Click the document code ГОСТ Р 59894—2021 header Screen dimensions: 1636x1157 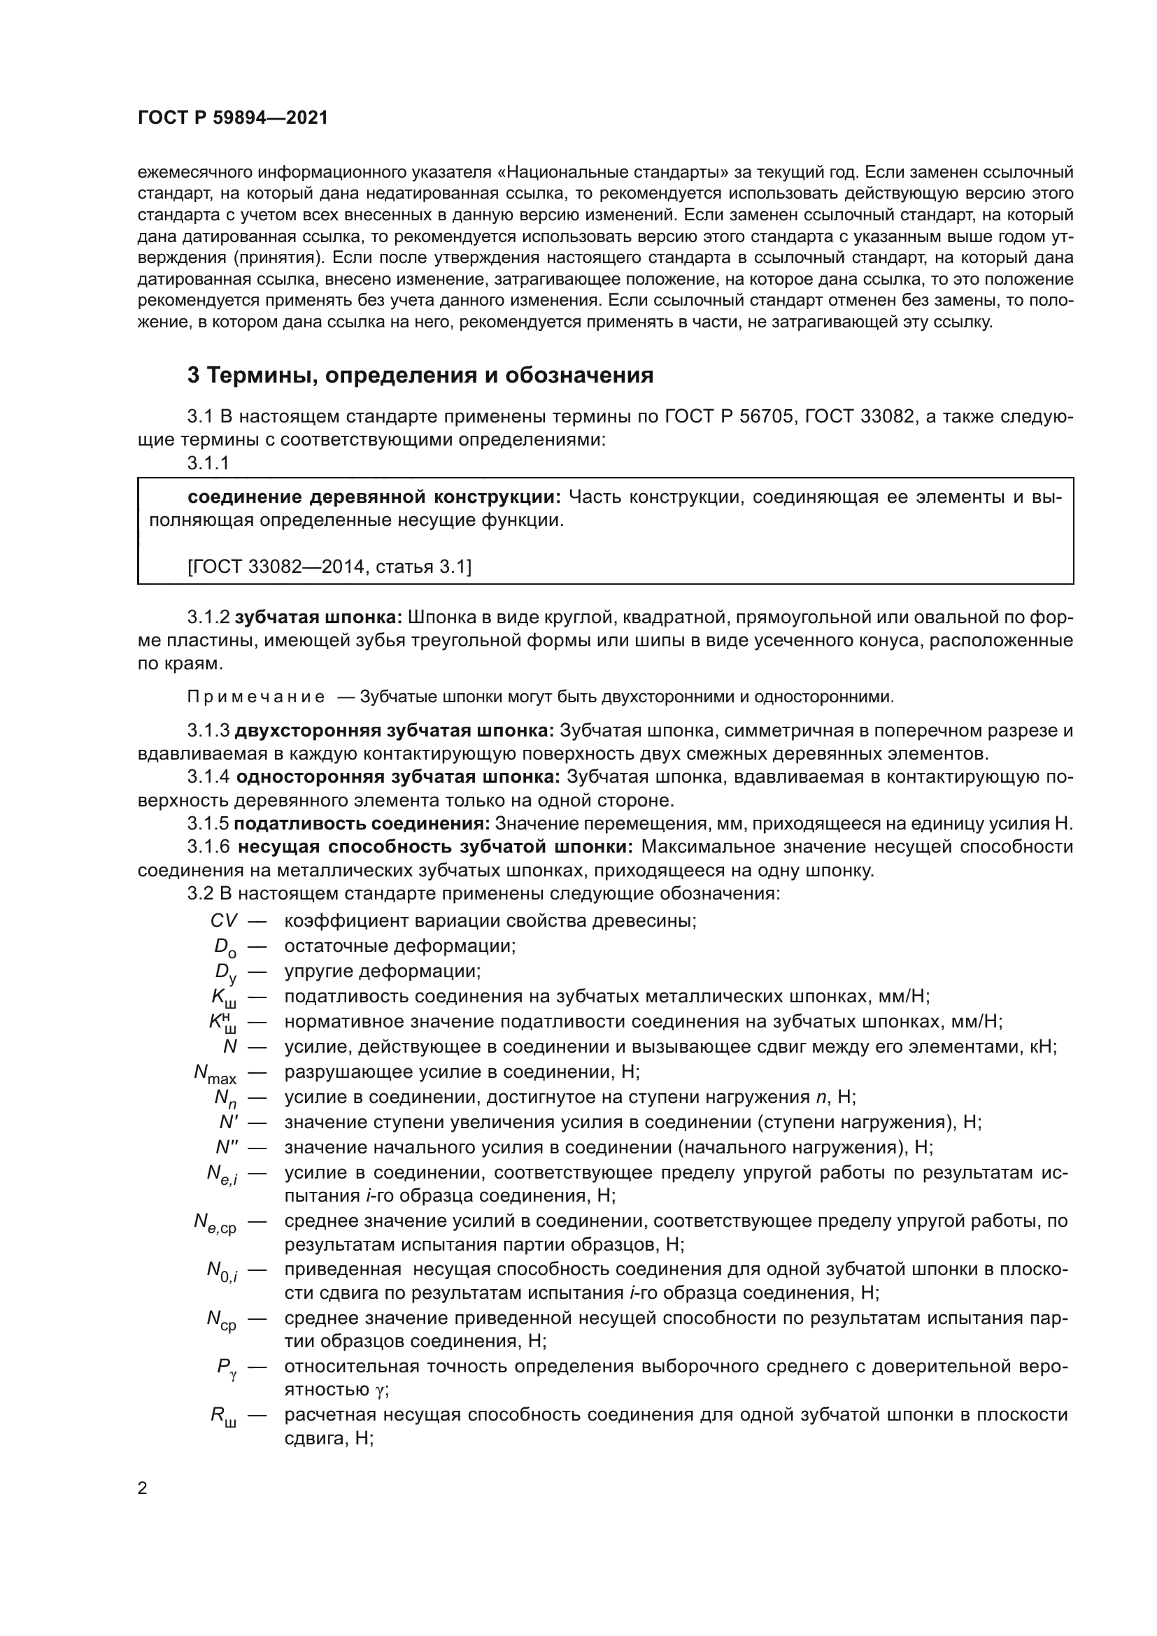(233, 118)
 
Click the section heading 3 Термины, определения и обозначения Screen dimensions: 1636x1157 (420, 375)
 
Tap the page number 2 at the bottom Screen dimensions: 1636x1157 (143, 1488)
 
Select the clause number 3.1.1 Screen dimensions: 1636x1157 (208, 463)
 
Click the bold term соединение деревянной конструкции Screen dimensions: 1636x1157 (375, 497)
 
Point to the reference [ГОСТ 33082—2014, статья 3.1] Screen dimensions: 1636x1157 (329, 567)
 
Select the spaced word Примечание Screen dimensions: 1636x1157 (256, 696)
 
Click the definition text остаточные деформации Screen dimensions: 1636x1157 (399, 946)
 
